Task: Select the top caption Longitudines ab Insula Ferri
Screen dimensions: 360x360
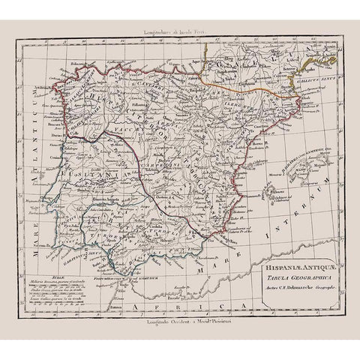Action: coord(178,33)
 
